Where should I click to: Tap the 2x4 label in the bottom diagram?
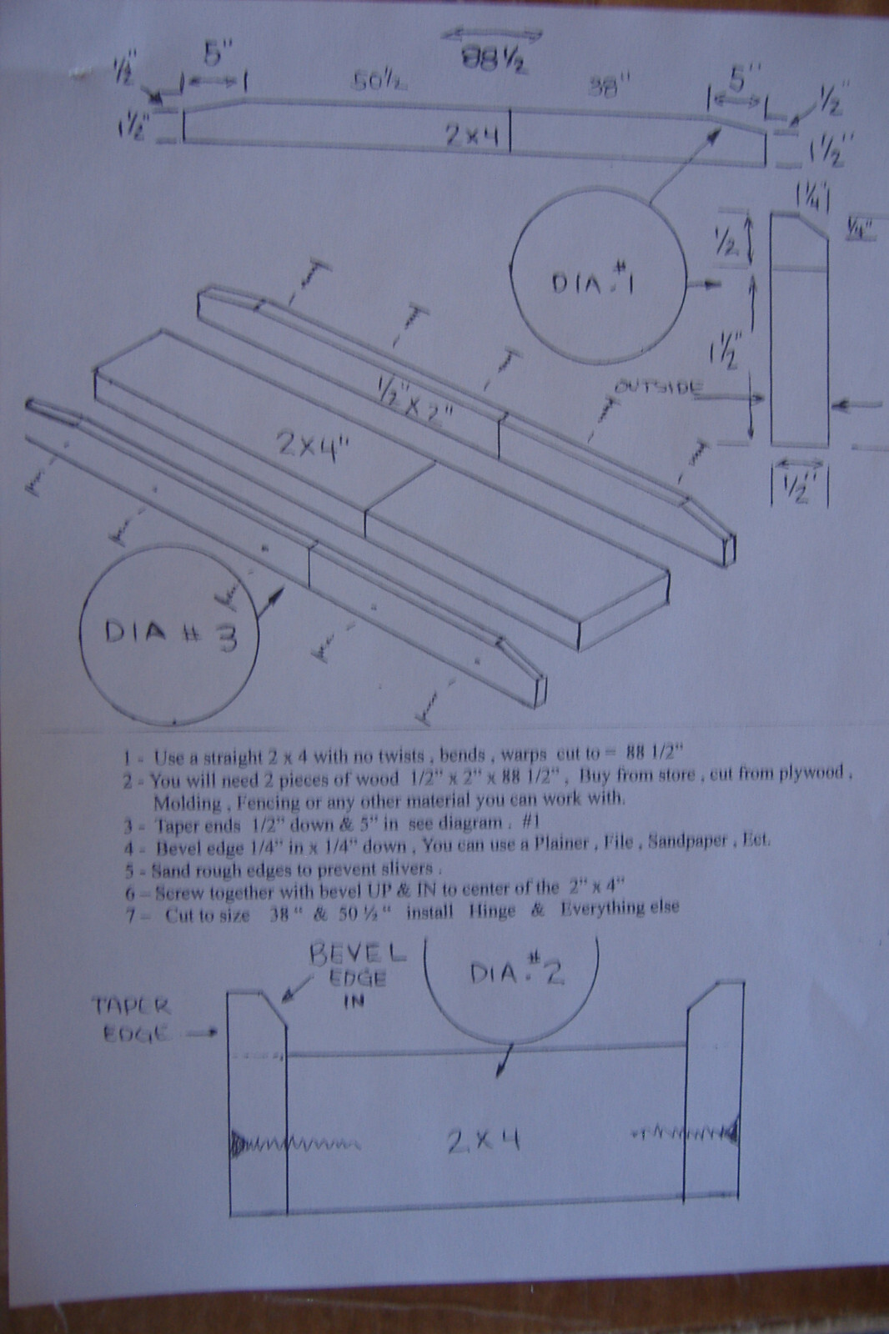coord(484,1139)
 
